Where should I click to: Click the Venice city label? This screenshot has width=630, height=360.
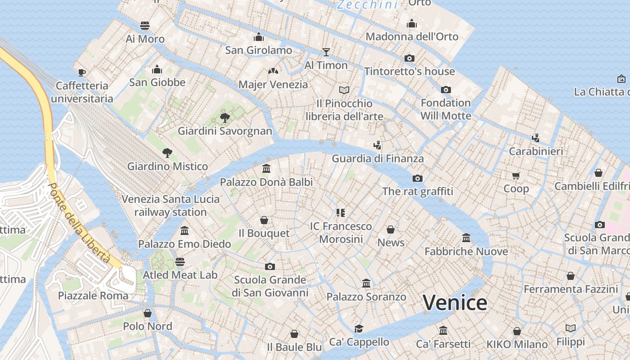coord(455,302)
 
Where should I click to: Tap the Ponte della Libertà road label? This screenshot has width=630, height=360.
coord(79,223)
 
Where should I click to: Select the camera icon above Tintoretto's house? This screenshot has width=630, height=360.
coord(409,58)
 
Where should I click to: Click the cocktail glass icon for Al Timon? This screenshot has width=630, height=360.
coord(326,52)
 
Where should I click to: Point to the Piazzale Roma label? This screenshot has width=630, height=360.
coord(93,296)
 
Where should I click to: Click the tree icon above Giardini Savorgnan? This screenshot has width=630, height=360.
coord(225,118)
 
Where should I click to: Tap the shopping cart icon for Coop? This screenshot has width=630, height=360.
coord(516,175)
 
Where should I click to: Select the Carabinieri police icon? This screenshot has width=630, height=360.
coord(535,138)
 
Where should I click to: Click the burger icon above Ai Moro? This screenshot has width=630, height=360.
coord(145,26)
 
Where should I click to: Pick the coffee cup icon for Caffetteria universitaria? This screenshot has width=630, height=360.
coord(81,72)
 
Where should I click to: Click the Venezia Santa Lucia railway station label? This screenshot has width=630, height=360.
coord(171,205)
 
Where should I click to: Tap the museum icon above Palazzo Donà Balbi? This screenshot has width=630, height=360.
coord(266,169)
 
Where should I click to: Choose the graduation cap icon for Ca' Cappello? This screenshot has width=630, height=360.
coord(359,328)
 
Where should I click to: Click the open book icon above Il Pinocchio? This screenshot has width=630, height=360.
coord(344,90)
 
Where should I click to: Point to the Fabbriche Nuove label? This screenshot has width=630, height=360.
coord(466,251)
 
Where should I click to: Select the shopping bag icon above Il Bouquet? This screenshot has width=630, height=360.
coord(264,220)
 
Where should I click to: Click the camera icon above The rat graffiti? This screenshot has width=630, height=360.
coord(417,178)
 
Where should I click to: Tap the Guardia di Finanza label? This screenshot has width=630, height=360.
coord(378,158)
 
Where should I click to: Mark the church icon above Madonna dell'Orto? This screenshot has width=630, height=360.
coord(411,23)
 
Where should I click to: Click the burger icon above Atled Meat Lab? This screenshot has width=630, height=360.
coord(180,261)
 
